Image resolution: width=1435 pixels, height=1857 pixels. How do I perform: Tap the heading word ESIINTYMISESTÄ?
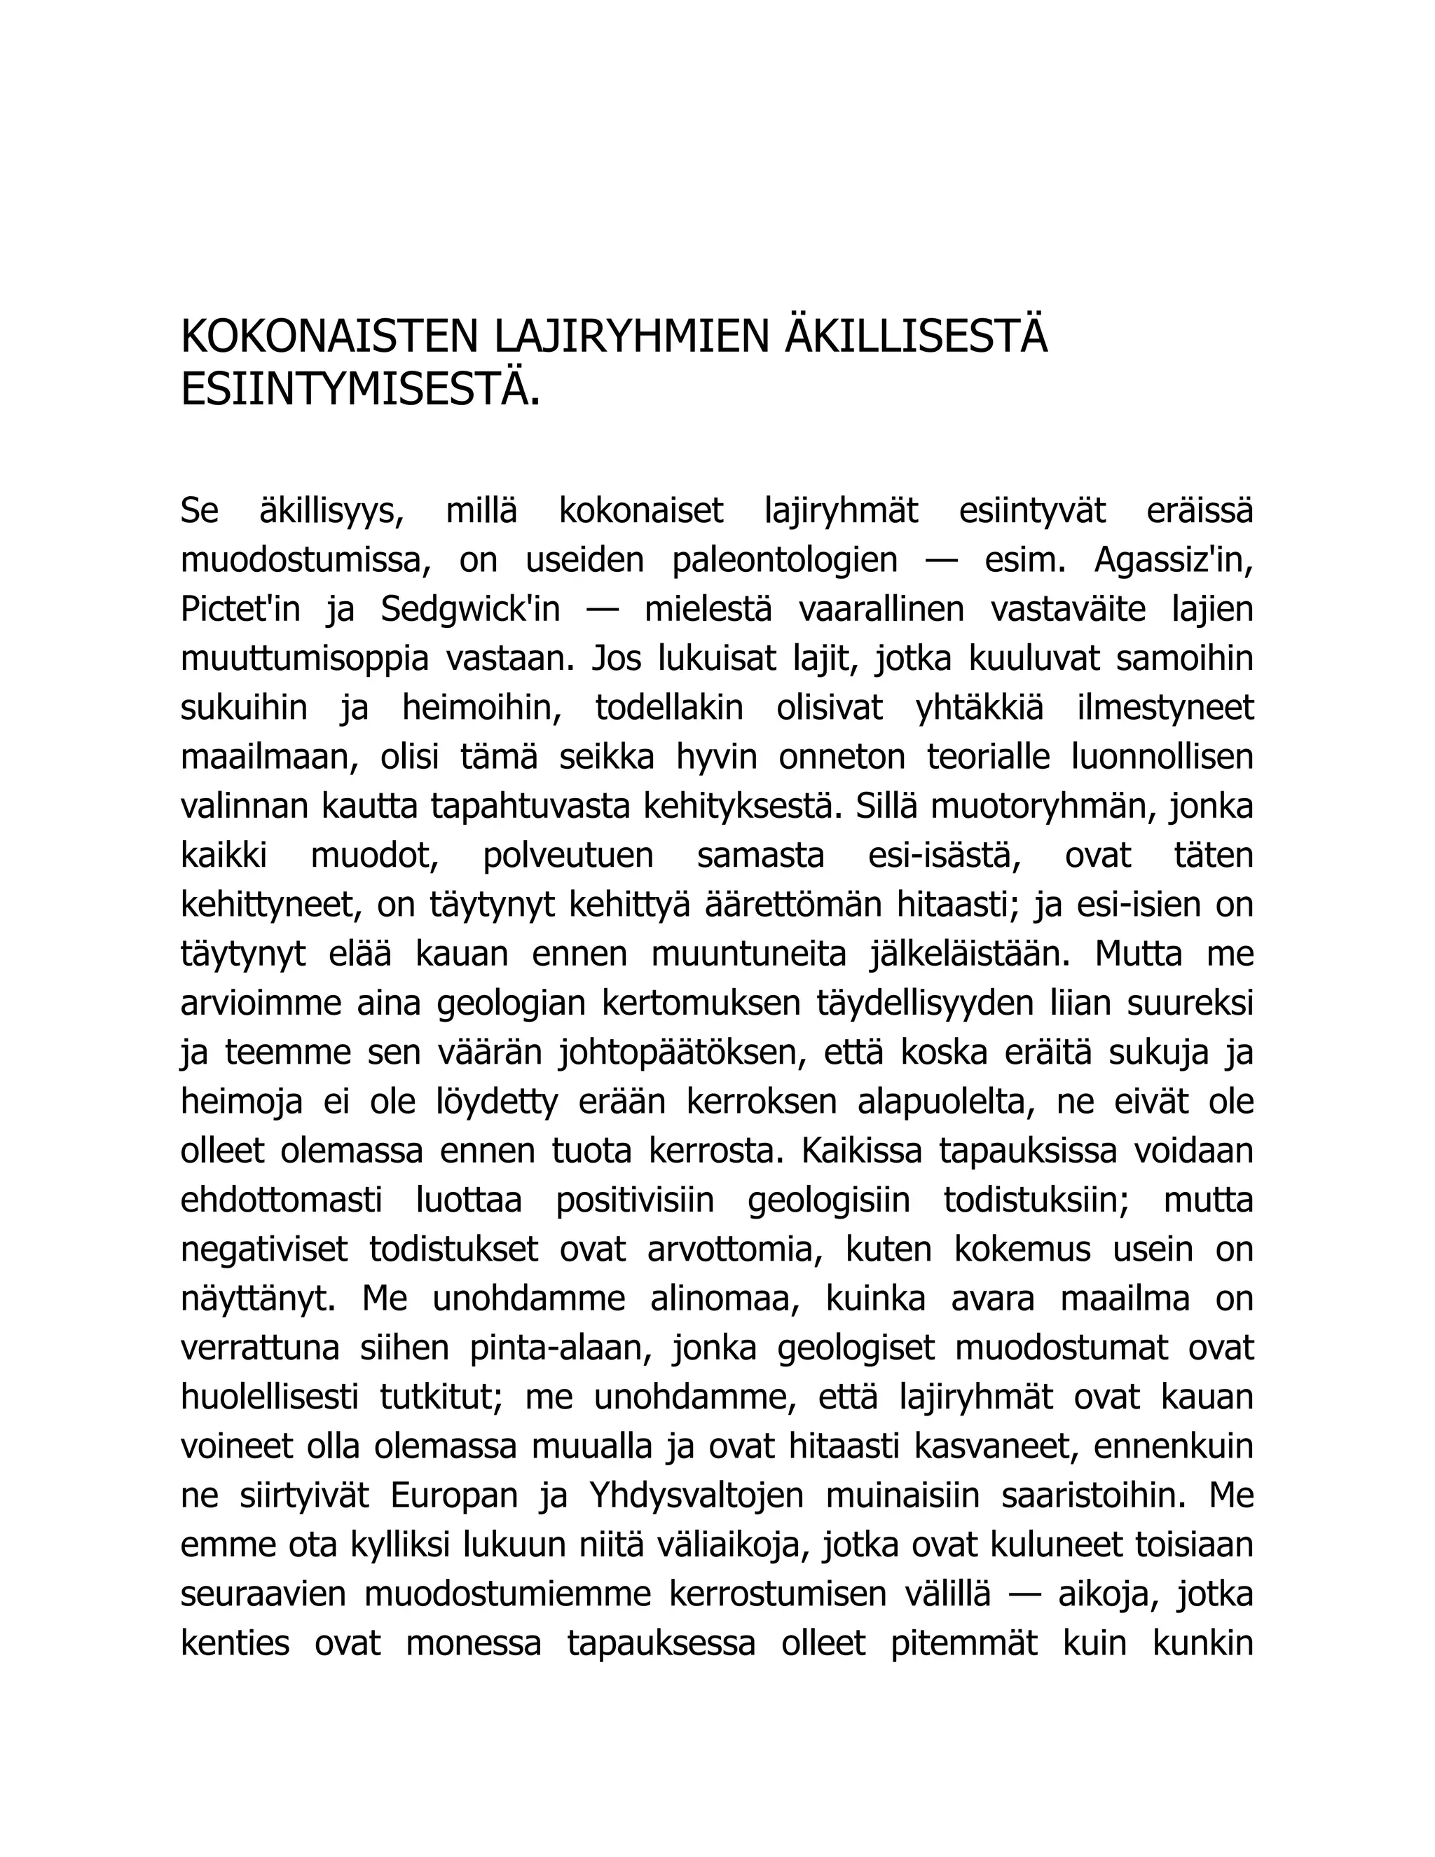[360, 390]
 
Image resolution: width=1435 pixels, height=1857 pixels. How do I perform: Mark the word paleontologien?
[785, 561]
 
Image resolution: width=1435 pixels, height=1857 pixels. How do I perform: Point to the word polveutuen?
[568, 856]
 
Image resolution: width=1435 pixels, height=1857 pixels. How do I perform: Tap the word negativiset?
[264, 1250]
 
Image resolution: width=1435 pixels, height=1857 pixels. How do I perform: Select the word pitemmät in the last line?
[964, 1645]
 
